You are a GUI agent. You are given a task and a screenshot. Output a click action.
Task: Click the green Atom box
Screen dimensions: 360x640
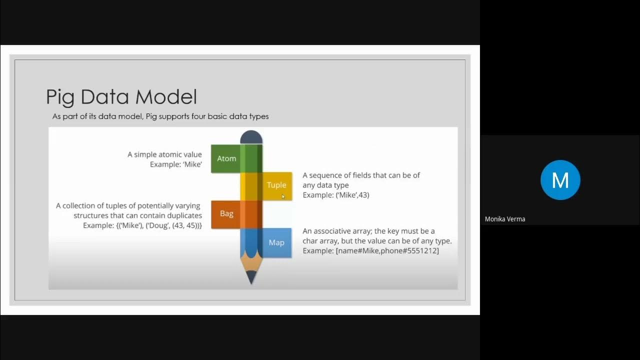click(x=226, y=158)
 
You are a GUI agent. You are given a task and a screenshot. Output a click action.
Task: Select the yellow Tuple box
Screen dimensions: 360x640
click(x=276, y=185)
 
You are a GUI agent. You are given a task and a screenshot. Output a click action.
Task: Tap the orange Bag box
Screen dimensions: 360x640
click(x=226, y=213)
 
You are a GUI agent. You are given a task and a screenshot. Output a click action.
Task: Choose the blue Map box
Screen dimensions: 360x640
click(x=276, y=242)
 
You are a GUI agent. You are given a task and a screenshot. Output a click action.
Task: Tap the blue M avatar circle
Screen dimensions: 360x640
click(x=560, y=180)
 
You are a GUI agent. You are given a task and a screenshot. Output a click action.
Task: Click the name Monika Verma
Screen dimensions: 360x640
click(x=505, y=219)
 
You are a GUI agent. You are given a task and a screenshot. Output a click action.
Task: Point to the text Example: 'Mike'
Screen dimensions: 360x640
click(x=176, y=164)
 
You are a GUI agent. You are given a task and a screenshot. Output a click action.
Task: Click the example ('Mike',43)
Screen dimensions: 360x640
click(x=352, y=195)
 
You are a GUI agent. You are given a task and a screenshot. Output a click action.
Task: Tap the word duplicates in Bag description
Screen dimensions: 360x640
click(x=183, y=215)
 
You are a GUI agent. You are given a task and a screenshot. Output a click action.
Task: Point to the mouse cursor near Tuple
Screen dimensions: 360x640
click(x=283, y=196)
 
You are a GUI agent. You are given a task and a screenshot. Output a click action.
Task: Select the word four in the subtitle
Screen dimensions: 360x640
click(x=198, y=116)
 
